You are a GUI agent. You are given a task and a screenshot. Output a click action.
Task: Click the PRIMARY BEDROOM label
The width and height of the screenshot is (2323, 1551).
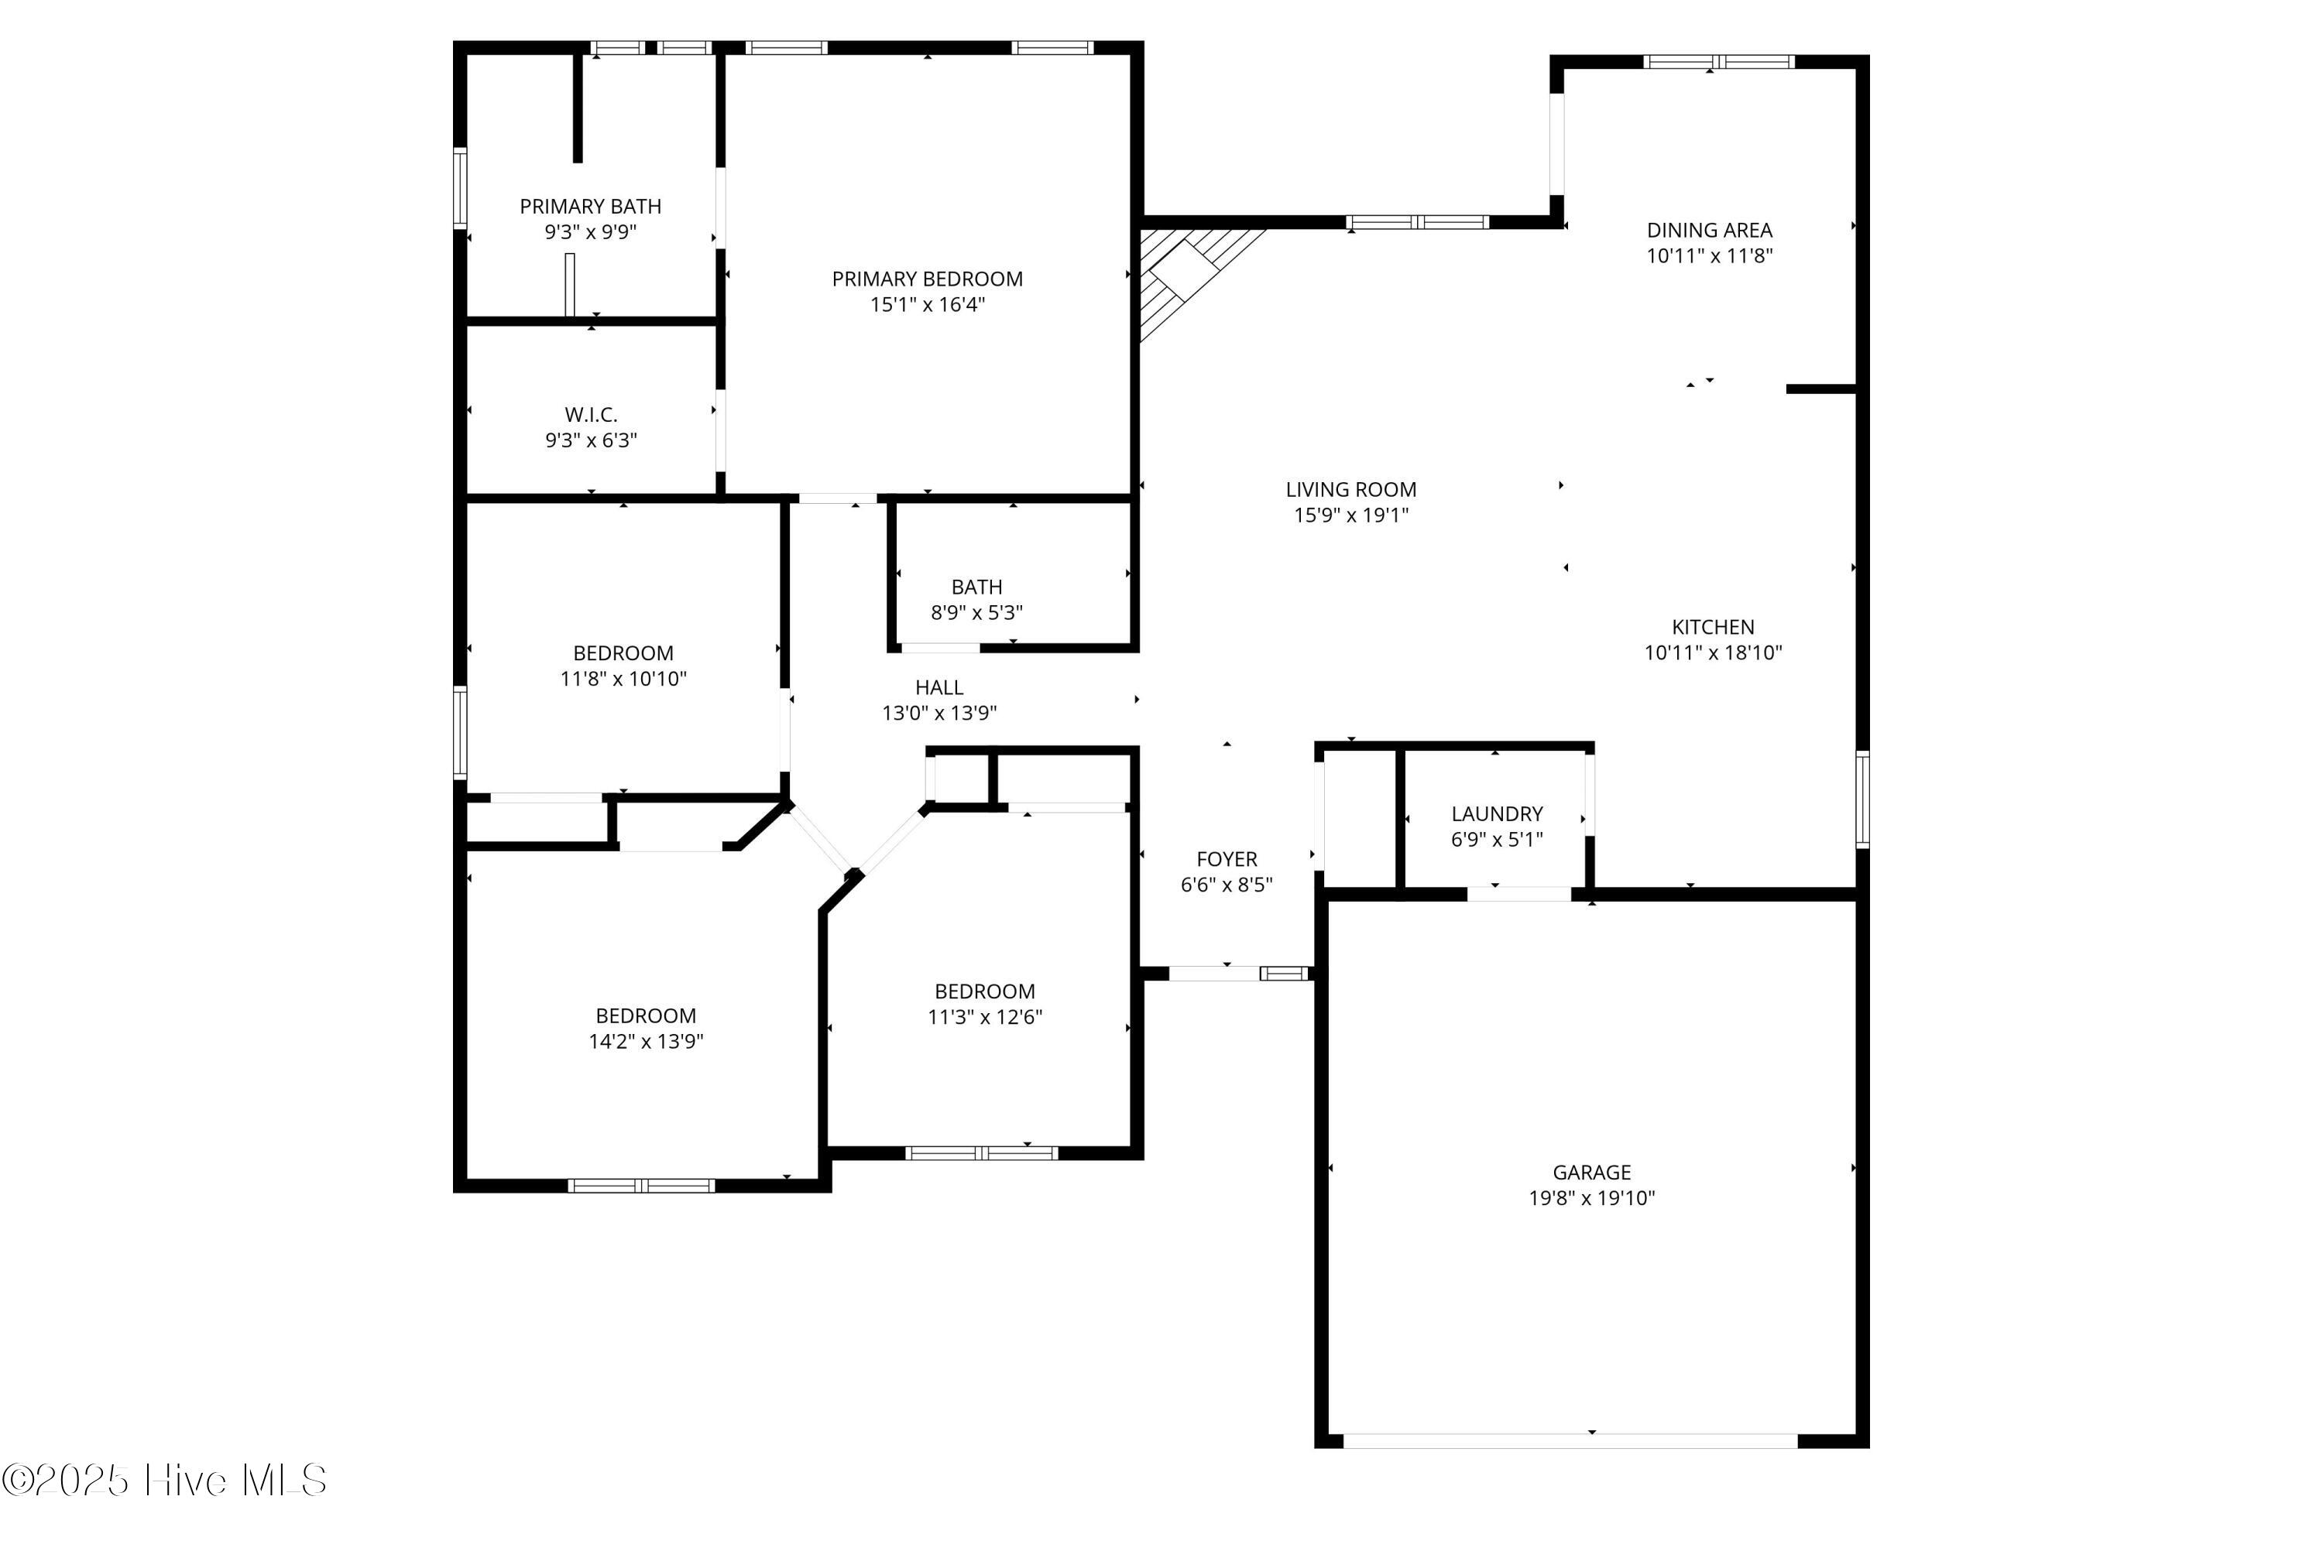coord(927,279)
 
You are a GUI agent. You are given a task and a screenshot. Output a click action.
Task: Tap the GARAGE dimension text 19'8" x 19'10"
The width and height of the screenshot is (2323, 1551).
coord(1591,1198)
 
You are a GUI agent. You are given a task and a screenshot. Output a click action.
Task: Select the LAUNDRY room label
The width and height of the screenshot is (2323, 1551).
coord(1497,814)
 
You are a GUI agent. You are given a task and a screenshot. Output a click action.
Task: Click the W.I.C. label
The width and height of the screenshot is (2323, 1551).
coord(591,415)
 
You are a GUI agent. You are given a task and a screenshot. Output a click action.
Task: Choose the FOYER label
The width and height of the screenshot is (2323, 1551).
coord(1227,860)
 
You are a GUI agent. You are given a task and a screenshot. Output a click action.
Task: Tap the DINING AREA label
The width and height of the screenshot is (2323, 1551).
coord(1709,231)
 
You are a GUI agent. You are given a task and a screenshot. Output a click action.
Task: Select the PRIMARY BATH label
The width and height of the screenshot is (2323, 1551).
coord(591,207)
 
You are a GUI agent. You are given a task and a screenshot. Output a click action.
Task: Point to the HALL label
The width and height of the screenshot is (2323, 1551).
coord(939,687)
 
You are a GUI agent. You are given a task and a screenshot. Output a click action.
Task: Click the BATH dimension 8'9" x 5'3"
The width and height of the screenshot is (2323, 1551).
coord(976,613)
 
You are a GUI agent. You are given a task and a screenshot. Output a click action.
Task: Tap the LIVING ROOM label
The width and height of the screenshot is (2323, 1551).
coord(1350,490)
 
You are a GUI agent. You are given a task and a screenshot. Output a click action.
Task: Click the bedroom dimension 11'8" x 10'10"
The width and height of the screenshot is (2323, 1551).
coord(623,680)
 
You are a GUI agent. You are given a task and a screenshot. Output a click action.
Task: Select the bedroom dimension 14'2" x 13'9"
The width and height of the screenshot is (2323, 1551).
coord(646,1042)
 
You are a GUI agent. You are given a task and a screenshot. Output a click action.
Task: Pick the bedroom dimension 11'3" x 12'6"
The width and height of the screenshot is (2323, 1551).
coord(984,1018)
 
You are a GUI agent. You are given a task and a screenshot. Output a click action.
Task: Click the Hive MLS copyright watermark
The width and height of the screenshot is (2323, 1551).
coord(164,1481)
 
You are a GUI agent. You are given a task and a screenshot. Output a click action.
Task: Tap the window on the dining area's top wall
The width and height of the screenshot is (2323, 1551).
coord(1718,61)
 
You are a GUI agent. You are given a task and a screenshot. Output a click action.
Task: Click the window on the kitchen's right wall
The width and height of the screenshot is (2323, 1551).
coord(1862,799)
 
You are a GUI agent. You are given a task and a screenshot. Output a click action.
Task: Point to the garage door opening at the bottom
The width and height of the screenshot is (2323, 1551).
coord(1570,1441)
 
